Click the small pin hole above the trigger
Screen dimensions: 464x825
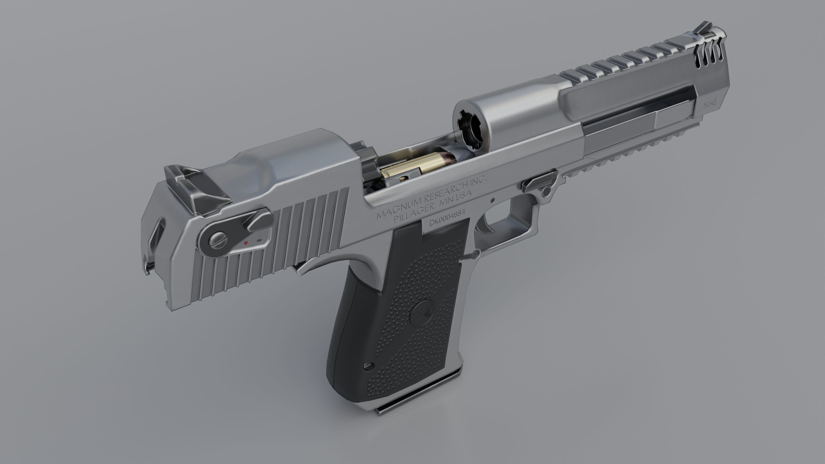(x=493, y=201)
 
